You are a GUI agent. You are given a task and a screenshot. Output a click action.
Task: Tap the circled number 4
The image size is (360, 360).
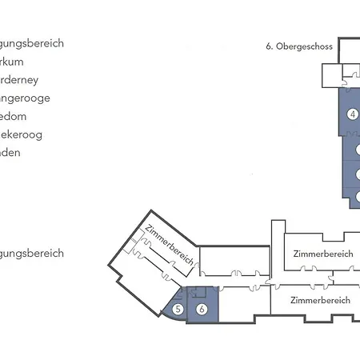(x=353, y=114)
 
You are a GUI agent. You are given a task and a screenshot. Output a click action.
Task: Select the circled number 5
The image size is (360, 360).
(x=179, y=309)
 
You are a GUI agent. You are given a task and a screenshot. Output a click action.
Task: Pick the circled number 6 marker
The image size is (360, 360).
(x=202, y=309)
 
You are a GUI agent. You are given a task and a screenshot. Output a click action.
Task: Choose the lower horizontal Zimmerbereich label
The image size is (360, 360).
(x=320, y=301)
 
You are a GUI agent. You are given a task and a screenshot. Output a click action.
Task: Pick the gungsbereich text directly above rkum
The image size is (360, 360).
(x=32, y=43)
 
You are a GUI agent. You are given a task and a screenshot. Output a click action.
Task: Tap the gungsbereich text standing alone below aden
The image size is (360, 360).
(x=32, y=254)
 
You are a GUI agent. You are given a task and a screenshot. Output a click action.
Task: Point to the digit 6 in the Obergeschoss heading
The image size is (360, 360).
(x=269, y=46)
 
